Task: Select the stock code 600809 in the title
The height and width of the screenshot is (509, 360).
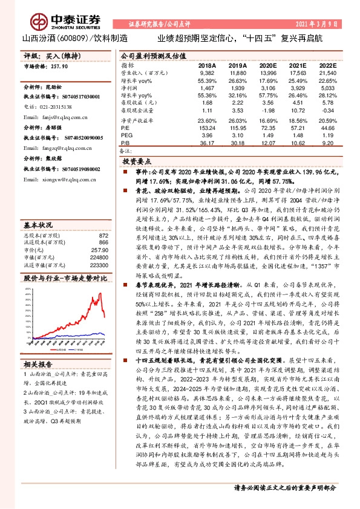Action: [x=73, y=37]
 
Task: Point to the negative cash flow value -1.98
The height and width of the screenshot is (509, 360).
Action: [x=266, y=111]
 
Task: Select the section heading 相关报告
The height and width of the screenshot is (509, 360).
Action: [x=39, y=363]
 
